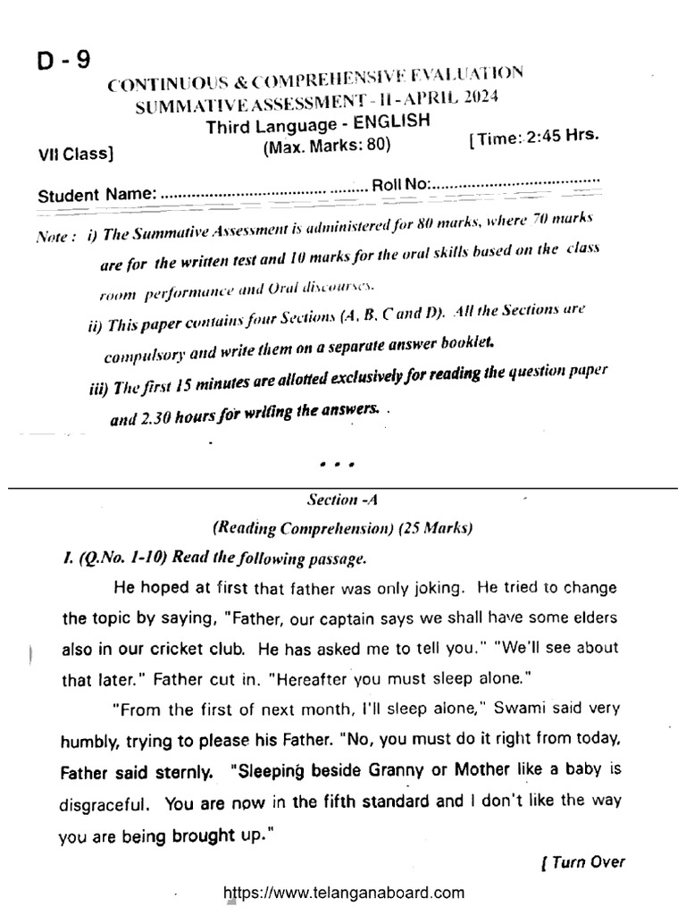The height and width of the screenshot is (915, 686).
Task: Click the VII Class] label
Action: (x=75, y=153)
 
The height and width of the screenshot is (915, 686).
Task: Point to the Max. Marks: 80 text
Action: (x=326, y=147)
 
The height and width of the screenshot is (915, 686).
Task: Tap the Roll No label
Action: (x=400, y=184)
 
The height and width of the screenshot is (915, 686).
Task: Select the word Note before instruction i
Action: (x=54, y=239)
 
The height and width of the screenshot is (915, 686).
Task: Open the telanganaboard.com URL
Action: (x=343, y=892)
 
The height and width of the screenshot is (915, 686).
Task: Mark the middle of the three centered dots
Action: (x=337, y=466)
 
